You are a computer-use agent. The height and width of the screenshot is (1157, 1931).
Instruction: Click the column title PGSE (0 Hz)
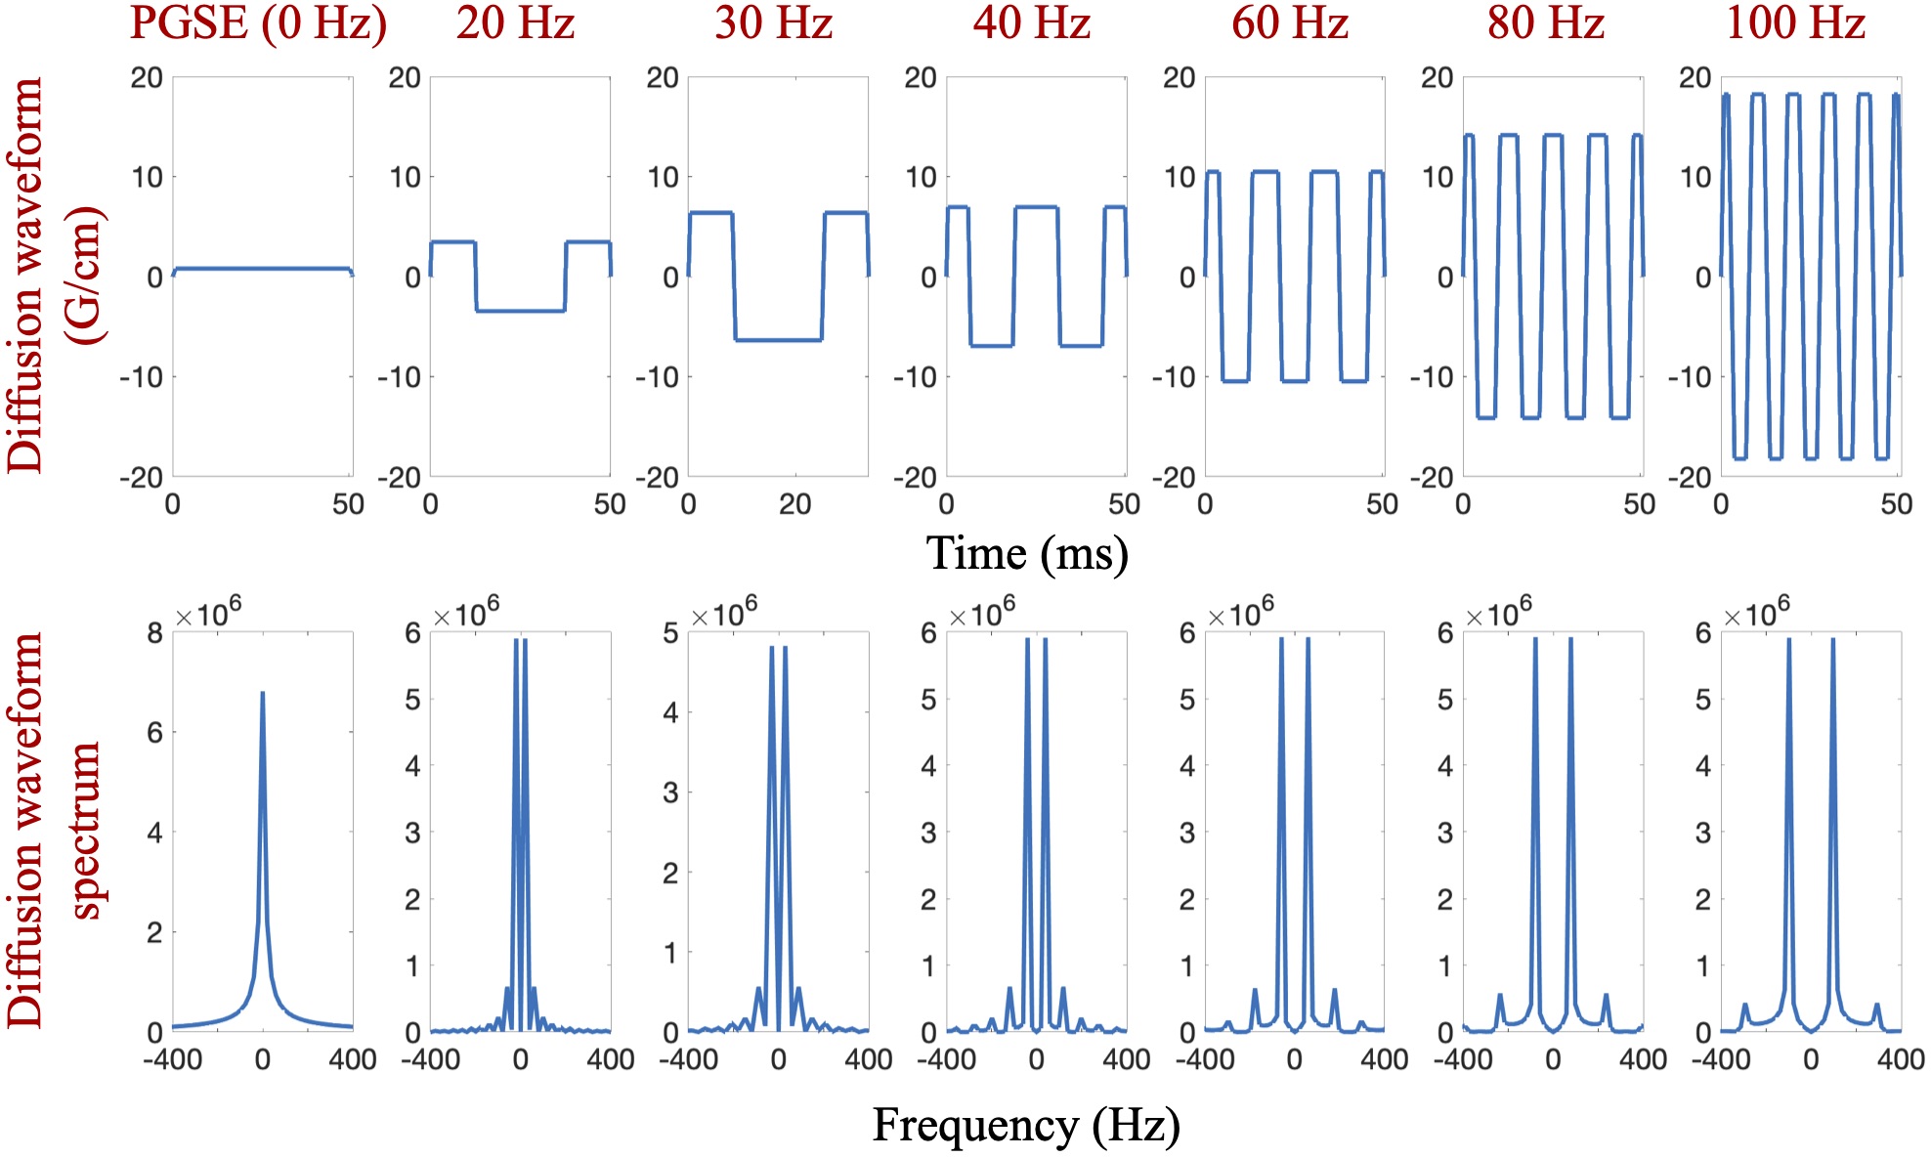tap(258, 23)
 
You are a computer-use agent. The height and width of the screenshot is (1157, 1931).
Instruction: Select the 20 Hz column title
tap(515, 23)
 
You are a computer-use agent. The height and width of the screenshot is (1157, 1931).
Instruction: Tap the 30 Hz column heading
tap(773, 23)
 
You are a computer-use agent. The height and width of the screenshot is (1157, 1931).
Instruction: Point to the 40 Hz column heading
tap(1031, 23)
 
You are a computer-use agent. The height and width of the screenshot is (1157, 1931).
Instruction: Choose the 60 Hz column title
tap(1290, 23)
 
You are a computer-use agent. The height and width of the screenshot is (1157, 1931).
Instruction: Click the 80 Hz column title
tap(1546, 23)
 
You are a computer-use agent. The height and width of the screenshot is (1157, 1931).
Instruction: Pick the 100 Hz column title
tap(1796, 23)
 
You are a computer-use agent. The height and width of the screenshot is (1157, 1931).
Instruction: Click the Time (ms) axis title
tap(1027, 554)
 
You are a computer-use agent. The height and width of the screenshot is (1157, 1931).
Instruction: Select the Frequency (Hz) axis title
tap(1026, 1126)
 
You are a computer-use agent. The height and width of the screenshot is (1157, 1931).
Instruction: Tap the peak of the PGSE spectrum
tap(262, 694)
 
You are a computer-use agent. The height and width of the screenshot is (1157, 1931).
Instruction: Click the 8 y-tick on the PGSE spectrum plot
tap(154, 633)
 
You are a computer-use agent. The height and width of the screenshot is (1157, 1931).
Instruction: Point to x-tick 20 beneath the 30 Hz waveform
tap(794, 504)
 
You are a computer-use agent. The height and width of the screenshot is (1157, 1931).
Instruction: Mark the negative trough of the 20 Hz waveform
tap(520, 311)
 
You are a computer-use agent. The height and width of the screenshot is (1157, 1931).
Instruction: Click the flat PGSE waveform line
tap(262, 268)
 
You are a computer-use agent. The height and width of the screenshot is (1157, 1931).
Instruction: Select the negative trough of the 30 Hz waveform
tap(778, 340)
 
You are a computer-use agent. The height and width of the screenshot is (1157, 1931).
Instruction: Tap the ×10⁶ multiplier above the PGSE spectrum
tap(207, 614)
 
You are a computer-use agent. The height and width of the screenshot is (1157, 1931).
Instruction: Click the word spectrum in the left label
tap(86, 831)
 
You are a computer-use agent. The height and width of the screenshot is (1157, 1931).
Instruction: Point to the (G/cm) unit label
tap(86, 276)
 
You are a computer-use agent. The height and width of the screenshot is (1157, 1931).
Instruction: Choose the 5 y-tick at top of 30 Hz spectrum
tap(670, 633)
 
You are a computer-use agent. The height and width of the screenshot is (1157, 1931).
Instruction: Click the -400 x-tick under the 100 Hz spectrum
tap(1721, 1059)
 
